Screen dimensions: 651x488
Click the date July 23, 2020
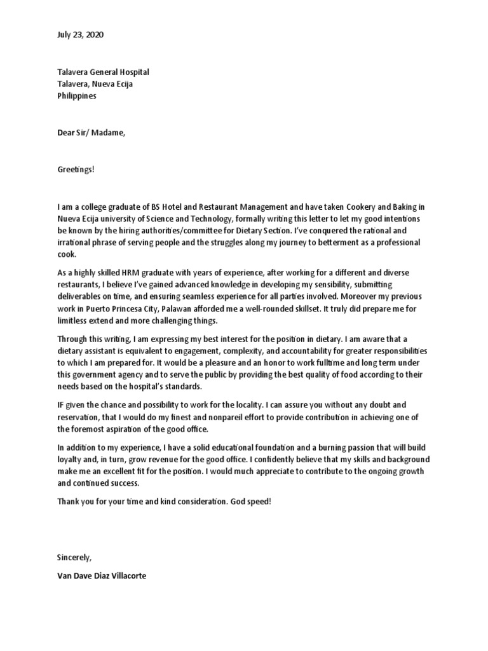pos(80,35)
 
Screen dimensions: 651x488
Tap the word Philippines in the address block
pos(77,96)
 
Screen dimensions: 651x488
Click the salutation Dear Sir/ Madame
pos(87,133)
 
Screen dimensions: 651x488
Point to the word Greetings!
pos(76,170)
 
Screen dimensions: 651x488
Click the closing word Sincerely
pos(74,557)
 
